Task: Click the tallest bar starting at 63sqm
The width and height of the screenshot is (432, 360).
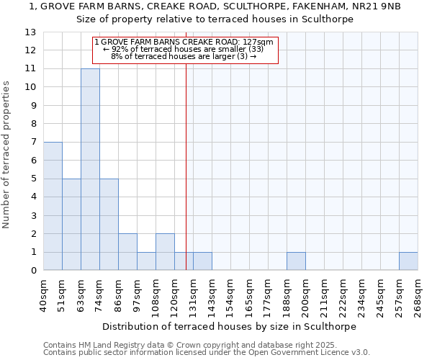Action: coord(90,169)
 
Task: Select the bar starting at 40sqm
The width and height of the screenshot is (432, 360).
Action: coord(53,206)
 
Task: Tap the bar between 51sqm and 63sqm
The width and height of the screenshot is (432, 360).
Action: coord(71,224)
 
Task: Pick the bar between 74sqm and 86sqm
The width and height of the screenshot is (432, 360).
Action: coord(109,224)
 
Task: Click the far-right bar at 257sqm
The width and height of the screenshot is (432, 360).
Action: coord(408,261)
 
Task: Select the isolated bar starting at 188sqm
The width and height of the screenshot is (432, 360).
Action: coord(296,261)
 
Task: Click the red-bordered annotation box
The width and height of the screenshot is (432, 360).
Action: coord(185,50)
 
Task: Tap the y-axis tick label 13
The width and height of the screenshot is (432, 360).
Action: coord(30,32)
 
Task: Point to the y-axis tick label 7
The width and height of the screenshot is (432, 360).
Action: coord(32,143)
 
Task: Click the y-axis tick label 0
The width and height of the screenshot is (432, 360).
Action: coord(32,271)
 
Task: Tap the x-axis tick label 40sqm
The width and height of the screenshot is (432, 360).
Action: coord(43,294)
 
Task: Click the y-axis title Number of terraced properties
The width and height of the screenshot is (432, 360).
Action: coord(7,154)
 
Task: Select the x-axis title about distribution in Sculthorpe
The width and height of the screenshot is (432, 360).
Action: coord(230,326)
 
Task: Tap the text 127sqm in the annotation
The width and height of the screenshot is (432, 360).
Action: coord(258,42)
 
